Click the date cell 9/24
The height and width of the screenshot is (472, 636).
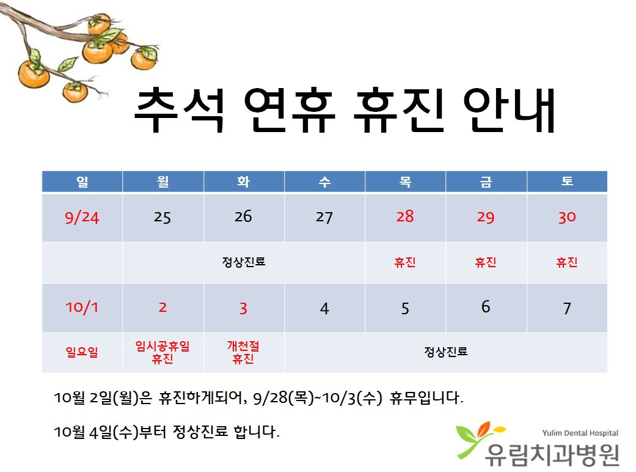[82, 218]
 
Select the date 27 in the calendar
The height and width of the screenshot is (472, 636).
[324, 217]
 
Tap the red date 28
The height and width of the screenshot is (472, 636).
[405, 216]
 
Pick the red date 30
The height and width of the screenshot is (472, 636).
[567, 217]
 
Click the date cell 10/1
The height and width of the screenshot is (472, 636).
[82, 307]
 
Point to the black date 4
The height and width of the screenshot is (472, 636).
[324, 308]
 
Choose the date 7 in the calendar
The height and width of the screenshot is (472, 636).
[567, 308]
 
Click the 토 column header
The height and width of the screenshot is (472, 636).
[567, 181]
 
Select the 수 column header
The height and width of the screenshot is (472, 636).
[324, 182]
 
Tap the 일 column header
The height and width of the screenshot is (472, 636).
[82, 182]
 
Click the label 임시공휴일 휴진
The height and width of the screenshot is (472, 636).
[163, 352]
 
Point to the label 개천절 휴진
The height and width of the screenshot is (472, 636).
[243, 352]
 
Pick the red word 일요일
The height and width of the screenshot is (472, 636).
[82, 352]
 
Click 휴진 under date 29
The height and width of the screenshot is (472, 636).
[486, 262]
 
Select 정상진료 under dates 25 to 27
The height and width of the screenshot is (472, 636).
[243, 262]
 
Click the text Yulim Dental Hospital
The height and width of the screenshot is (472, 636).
[580, 433]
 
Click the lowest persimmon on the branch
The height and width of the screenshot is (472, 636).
[75, 92]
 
